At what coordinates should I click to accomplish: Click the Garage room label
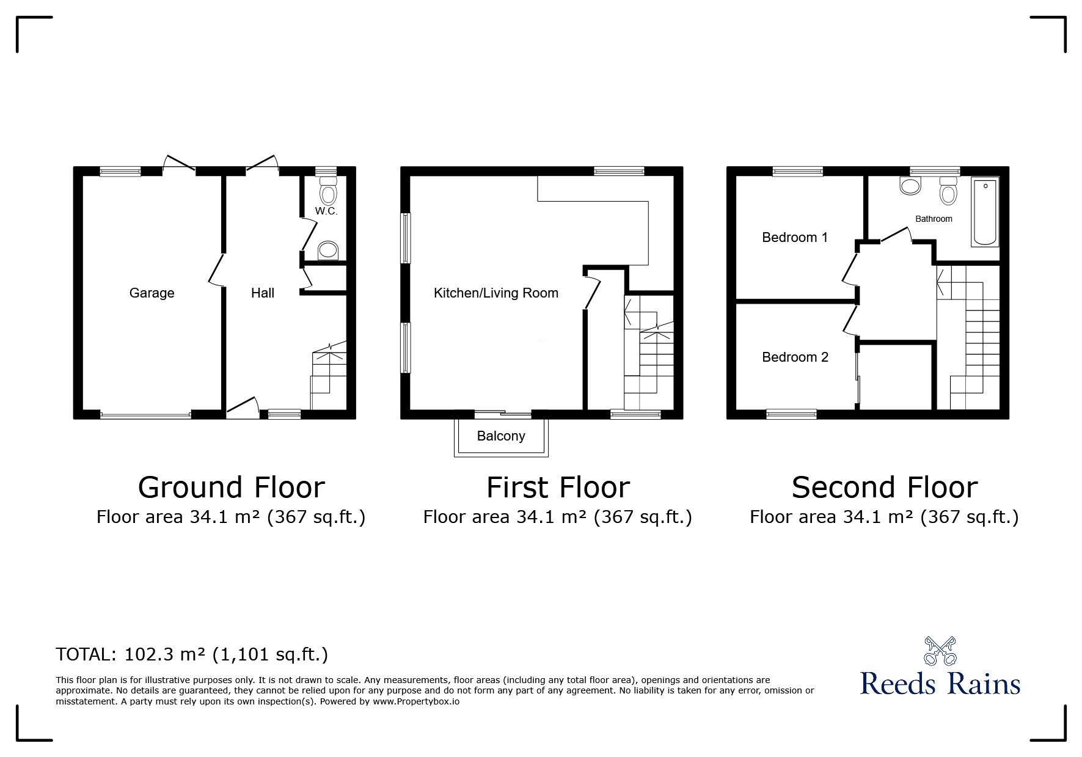pyautogui.click(x=152, y=293)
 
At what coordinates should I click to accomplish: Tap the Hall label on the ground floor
pyautogui.click(x=263, y=293)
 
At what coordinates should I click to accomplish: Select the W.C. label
pyautogui.click(x=326, y=211)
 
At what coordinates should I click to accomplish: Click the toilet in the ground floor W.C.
pyautogui.click(x=328, y=191)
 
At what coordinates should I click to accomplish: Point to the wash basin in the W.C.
pyautogui.click(x=329, y=250)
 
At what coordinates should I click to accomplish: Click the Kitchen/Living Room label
pyautogui.click(x=496, y=293)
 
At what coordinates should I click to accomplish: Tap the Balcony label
pyautogui.click(x=501, y=436)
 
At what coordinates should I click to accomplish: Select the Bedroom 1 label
pyautogui.click(x=795, y=237)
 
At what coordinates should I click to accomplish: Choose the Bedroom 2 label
pyautogui.click(x=795, y=357)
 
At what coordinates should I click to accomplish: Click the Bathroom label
pyautogui.click(x=934, y=219)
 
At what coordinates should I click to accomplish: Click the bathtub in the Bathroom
pyautogui.click(x=985, y=213)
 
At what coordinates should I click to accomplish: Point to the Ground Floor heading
pyautogui.click(x=231, y=488)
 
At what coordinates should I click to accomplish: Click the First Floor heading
pyautogui.click(x=558, y=488)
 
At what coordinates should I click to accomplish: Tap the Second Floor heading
pyautogui.click(x=884, y=488)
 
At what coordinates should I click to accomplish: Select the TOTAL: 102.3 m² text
pyautogui.click(x=131, y=654)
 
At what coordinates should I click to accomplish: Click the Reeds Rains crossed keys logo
pyautogui.click(x=940, y=651)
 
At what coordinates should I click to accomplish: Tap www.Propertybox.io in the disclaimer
pyautogui.click(x=416, y=701)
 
